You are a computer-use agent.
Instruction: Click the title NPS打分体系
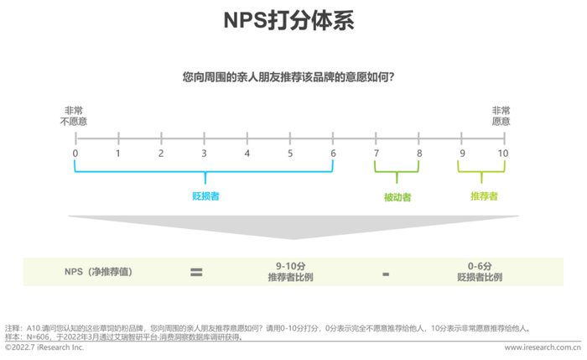click(x=288, y=20)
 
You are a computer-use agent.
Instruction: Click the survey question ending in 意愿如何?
click(x=288, y=77)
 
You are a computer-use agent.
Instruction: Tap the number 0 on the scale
click(x=75, y=154)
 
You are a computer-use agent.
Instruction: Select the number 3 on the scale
click(x=204, y=154)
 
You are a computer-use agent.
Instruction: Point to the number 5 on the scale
click(x=290, y=154)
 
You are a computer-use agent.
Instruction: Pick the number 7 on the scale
click(x=377, y=154)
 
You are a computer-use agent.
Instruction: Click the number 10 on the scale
click(x=503, y=154)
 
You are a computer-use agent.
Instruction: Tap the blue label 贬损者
click(x=205, y=196)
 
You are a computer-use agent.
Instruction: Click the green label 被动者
click(x=397, y=197)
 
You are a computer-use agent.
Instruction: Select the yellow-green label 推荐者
click(x=484, y=196)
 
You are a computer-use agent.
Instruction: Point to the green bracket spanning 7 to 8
click(x=397, y=172)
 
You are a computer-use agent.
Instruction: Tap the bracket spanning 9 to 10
click(x=481, y=172)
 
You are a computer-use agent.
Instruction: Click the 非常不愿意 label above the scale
click(x=74, y=116)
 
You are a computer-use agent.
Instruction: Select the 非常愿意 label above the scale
click(x=501, y=116)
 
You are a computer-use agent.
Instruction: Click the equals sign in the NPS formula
click(x=196, y=273)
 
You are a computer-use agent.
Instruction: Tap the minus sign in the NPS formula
click(x=386, y=274)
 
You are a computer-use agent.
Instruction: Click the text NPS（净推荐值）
click(x=98, y=272)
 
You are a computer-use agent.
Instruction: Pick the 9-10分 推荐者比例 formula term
click(x=290, y=272)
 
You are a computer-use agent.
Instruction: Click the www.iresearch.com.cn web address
click(x=543, y=347)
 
